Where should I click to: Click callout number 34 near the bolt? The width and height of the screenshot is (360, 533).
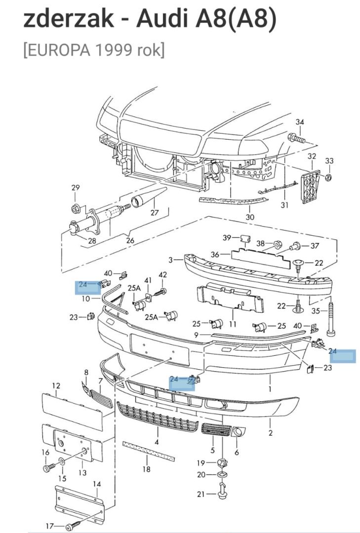(x=300, y=122)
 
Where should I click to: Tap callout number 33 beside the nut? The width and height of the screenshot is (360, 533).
(x=329, y=161)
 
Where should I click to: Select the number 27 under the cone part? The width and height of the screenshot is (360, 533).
(x=155, y=213)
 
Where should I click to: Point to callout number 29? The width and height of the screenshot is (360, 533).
(x=75, y=188)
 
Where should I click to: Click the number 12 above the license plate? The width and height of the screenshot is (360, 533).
(x=56, y=386)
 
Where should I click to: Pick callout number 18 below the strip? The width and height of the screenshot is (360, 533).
(x=146, y=469)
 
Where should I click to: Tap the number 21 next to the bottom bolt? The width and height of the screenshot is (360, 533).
(x=200, y=495)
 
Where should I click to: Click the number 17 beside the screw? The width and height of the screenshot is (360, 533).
(x=49, y=526)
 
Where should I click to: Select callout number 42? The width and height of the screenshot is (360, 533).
(x=163, y=275)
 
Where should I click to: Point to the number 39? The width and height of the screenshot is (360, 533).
(x=227, y=238)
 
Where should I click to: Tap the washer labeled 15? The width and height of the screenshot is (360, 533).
(x=61, y=462)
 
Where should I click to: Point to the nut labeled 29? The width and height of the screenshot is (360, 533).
(x=76, y=206)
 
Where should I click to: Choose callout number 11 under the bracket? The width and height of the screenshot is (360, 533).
(x=233, y=324)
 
